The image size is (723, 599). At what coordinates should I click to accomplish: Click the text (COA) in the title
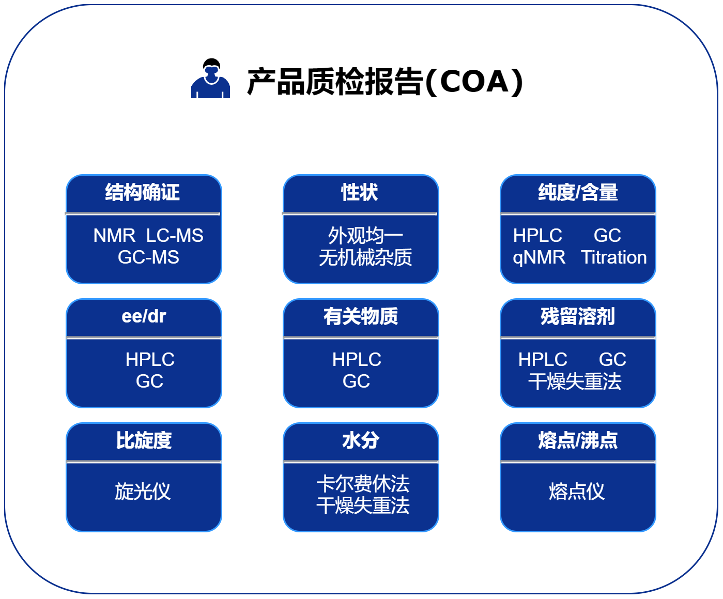(474, 82)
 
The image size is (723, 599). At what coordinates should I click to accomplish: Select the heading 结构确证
(142, 192)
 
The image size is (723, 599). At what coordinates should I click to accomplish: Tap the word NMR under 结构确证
(114, 236)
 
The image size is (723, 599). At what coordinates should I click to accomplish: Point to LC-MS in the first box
(175, 236)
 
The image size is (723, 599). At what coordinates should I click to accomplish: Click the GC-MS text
(148, 257)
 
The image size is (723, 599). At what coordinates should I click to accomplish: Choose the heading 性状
(359, 192)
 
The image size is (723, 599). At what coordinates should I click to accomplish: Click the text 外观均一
(365, 236)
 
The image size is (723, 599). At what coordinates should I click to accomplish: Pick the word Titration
(614, 257)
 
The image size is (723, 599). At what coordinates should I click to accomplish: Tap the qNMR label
(539, 258)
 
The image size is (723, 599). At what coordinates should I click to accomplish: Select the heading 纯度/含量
(578, 192)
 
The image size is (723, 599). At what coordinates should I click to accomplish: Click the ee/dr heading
(144, 316)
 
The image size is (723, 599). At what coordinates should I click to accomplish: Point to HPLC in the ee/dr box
(150, 359)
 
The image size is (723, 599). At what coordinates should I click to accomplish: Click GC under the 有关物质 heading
(356, 381)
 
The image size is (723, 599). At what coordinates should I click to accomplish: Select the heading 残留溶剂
(578, 316)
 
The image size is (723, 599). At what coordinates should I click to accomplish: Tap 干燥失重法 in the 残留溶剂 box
(575, 381)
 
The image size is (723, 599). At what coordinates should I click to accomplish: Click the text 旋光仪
(143, 492)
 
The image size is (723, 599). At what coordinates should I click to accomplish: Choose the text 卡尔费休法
(363, 484)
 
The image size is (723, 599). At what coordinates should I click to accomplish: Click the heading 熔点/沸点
(578, 440)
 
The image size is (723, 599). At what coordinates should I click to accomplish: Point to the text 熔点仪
(577, 492)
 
